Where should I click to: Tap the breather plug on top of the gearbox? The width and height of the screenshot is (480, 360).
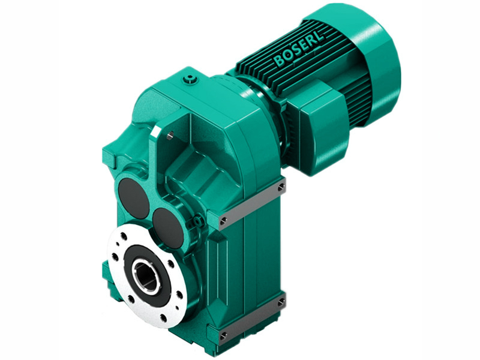pyautogui.click(x=190, y=78)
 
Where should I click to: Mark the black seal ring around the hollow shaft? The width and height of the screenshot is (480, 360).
pyautogui.click(x=133, y=262)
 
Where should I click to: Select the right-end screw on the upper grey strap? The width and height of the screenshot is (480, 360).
pyautogui.click(x=281, y=189)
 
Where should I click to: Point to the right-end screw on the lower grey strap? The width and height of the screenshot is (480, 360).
pyautogui.click(x=281, y=304)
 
